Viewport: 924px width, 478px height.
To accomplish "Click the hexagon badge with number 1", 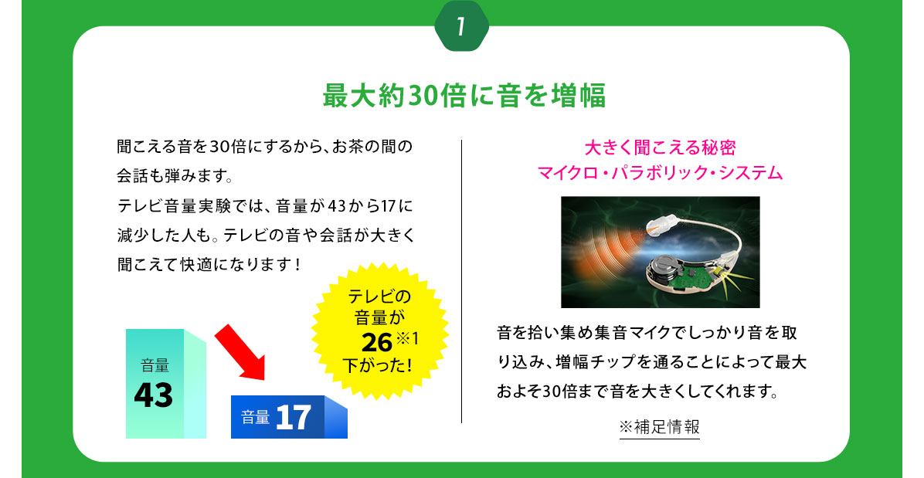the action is [461, 26].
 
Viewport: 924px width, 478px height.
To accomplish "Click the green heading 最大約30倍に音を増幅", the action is [464, 95].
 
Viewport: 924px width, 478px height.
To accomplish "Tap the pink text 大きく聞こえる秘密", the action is [660, 147].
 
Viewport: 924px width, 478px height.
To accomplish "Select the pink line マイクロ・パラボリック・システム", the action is [660, 173].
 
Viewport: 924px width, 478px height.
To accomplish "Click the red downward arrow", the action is [239, 351].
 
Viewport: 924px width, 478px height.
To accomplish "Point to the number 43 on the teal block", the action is [154, 395].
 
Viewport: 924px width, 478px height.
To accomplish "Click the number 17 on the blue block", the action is [293, 417].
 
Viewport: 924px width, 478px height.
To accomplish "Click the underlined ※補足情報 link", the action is [660, 427].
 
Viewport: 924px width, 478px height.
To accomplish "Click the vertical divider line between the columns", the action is [461, 281].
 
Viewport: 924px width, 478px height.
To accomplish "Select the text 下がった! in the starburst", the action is [376, 365].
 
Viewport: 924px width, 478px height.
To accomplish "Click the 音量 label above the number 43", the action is [155, 365].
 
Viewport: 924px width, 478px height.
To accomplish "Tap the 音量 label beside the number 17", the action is [255, 417].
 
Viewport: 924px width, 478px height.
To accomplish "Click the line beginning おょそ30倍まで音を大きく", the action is [637, 392].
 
